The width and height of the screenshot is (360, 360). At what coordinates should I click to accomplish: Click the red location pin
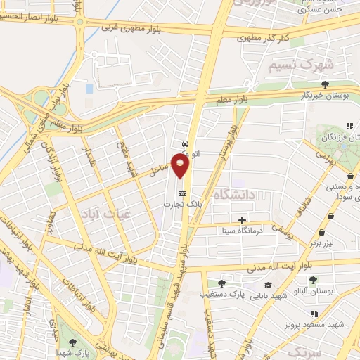(181, 166)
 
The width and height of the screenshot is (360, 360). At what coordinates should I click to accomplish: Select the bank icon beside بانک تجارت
(182, 193)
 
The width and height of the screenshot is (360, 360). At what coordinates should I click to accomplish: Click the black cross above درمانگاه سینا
(243, 220)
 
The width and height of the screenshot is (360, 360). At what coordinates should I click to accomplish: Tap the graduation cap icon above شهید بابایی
(268, 285)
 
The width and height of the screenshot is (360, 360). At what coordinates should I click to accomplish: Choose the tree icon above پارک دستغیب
(221, 283)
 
